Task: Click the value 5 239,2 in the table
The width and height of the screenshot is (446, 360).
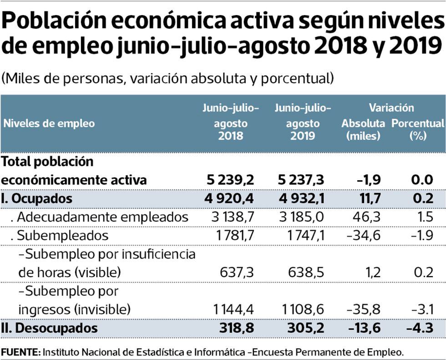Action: coord(230,180)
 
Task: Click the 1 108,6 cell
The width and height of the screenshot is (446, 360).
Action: coord(303,309)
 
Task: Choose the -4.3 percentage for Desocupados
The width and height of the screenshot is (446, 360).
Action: coord(420,328)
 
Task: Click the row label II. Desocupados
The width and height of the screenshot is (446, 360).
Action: coord(50,328)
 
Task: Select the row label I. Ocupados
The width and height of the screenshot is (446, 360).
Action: coord(37,199)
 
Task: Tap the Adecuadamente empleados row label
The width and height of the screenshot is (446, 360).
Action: coord(99,217)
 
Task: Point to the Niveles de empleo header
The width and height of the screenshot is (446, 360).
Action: coord(49,123)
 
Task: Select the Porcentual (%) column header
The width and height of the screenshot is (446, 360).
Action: coord(417,129)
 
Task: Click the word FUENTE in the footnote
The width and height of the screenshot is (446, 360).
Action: coord(20,352)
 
